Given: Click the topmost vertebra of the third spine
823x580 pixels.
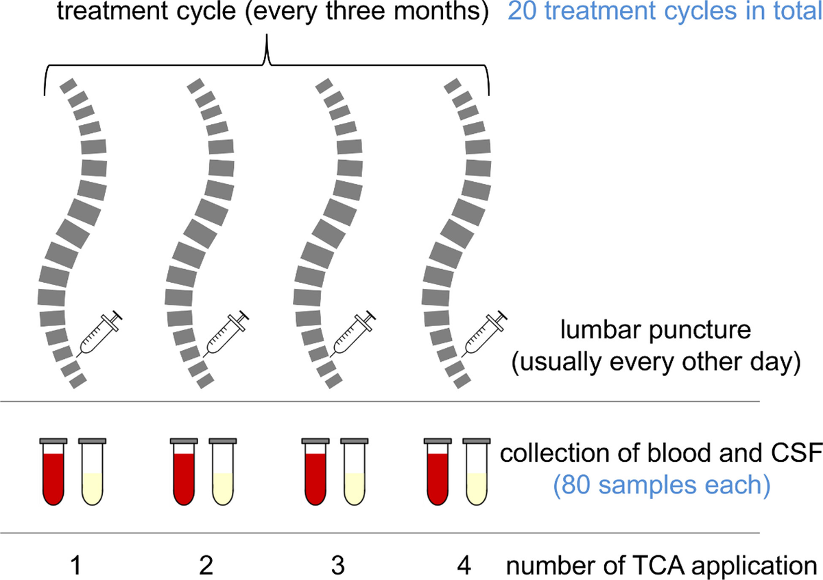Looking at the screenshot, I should (323, 85).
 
